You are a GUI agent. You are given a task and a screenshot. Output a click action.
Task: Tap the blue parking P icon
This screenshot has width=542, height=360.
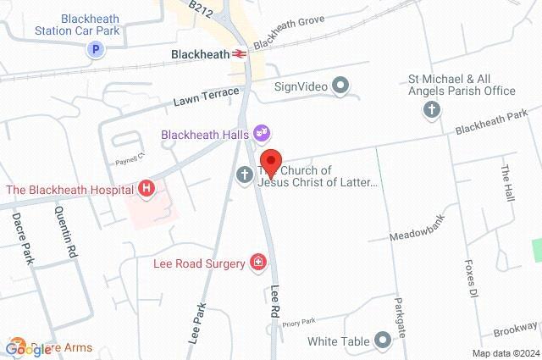point(97,50)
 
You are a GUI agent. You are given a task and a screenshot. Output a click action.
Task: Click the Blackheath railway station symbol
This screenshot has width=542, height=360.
point(241,53)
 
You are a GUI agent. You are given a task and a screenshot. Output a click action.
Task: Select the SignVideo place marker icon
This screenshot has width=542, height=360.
point(341,85)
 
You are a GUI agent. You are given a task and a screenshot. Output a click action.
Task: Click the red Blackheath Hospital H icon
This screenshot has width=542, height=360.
point(147,188)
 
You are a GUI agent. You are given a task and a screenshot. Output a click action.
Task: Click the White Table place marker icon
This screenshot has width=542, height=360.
point(383,341)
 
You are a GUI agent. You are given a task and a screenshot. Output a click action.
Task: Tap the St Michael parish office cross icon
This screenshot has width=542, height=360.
point(432,108)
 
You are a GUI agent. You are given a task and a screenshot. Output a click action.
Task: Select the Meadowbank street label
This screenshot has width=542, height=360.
point(418,223)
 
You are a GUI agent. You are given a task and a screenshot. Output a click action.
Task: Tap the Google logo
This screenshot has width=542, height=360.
point(28,348)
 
